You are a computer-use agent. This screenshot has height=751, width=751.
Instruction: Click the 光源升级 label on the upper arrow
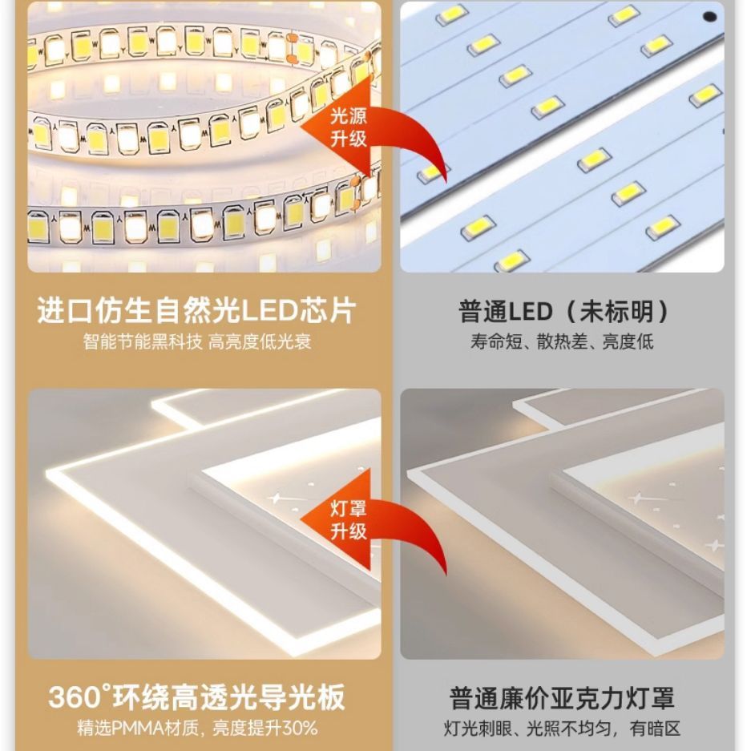(348, 127)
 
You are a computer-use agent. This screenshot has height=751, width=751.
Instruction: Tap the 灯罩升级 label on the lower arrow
(348, 519)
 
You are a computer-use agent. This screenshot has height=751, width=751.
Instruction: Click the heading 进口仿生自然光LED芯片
(197, 311)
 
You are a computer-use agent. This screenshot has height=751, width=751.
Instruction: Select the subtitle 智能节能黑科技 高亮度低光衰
(197, 342)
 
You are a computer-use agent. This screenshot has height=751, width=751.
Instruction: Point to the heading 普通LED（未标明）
(563, 312)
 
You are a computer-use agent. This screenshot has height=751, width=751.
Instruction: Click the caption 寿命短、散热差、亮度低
(562, 342)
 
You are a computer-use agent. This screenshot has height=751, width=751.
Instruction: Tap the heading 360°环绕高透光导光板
(197, 697)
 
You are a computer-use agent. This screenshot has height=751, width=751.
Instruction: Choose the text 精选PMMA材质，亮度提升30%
(197, 729)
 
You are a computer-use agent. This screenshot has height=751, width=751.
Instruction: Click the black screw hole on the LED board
(709, 17)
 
